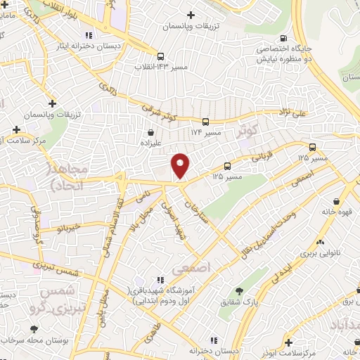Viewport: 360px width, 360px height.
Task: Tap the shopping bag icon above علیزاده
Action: pos(150,131)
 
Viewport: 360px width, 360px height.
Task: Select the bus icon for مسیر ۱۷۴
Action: pos(205,121)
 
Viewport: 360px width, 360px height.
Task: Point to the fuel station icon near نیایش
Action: pos(283,39)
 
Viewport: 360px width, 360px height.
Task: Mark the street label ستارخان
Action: pos(198,210)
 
